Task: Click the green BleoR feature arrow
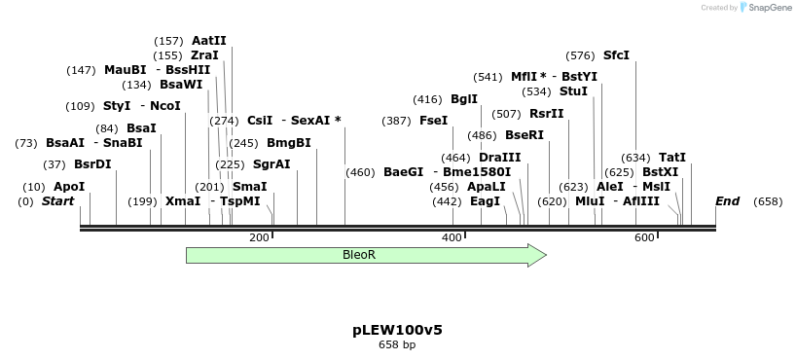tap(360, 255)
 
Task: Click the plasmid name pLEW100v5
tap(397, 330)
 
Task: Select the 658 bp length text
tap(397, 344)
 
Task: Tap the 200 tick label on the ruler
tap(259, 237)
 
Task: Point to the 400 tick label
tap(452, 237)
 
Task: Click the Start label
tap(58, 201)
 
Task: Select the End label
tap(727, 201)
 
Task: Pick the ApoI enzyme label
tap(69, 186)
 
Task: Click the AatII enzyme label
tap(209, 41)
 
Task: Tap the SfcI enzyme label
tap(617, 55)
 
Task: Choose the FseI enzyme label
tap(433, 121)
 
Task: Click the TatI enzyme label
tap(672, 157)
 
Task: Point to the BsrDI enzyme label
tap(92, 163)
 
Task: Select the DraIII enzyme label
tap(500, 158)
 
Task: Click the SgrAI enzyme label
tap(271, 164)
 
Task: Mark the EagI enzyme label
tap(485, 201)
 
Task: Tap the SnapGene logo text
tap(770, 8)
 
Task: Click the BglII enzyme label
tap(464, 99)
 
